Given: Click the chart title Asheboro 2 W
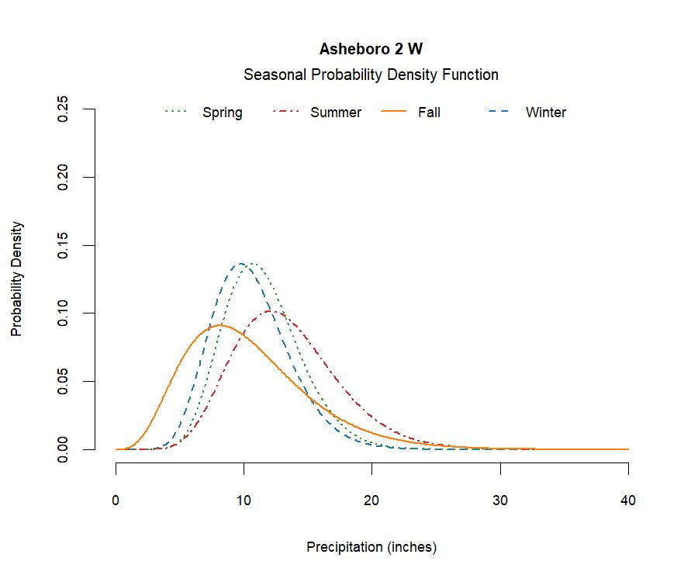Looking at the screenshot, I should [371, 49].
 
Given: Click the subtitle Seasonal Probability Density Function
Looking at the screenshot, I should [371, 75].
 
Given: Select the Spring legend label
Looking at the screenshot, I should [222, 113].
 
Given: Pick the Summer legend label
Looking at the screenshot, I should [336, 113].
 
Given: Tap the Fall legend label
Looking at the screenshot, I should [429, 113].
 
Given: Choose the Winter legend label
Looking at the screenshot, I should [545, 113].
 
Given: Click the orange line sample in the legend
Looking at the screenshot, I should [395, 113].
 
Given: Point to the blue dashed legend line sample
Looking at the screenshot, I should [498, 113].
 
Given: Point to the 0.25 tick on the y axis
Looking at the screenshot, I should [64, 109].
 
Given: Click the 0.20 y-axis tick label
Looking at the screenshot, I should [64, 177].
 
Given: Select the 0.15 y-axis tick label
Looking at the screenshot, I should [64, 245].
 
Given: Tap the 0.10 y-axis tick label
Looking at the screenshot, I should [64, 314].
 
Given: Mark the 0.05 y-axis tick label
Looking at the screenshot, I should [64, 381].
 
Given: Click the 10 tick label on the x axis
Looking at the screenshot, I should [244, 501].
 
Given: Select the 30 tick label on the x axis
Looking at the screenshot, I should [500, 501].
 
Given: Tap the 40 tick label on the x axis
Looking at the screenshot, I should [628, 501].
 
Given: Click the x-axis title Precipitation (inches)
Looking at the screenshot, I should [371, 547].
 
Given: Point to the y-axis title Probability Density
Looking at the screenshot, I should [17, 279].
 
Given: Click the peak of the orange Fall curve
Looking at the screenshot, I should [220, 325].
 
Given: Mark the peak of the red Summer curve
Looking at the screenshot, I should [271, 311].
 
